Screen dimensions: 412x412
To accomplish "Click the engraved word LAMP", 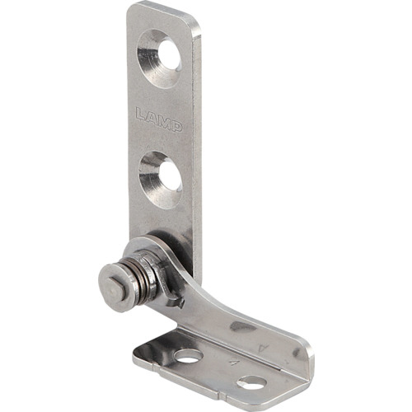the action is click(159, 119).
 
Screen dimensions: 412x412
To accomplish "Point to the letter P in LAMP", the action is click(177, 126).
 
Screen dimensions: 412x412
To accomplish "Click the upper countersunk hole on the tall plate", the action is click(159, 59).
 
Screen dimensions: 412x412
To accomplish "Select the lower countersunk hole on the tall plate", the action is click(161, 180).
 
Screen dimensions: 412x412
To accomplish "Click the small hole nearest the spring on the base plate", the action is click(189, 356).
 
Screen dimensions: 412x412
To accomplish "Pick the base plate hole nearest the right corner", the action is click(251, 382).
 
